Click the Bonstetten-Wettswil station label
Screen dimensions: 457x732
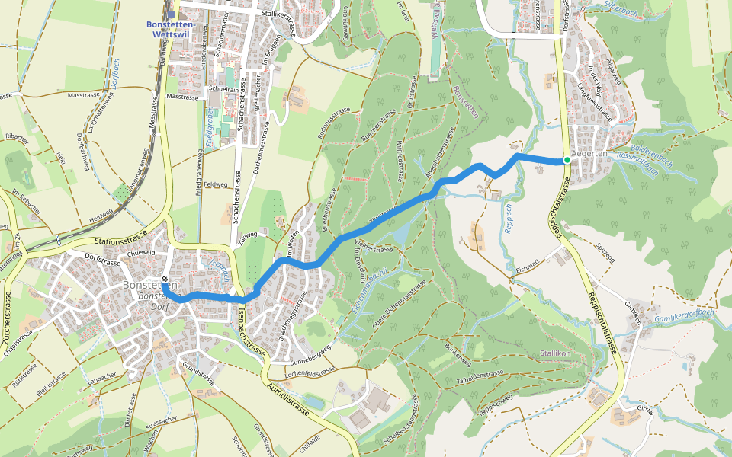click(171, 29)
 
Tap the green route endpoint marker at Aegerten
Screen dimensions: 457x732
click(567, 160)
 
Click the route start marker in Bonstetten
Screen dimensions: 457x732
click(164, 289)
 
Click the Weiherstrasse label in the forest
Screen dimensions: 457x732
click(374, 248)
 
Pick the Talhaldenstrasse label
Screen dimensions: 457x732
click(479, 376)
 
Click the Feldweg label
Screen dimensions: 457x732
click(216, 184)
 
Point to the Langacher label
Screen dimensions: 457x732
click(104, 376)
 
